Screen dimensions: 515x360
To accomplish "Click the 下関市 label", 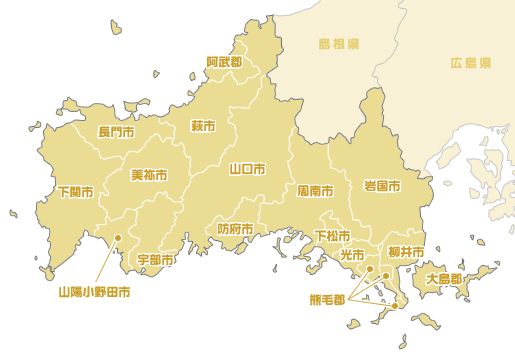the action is click(75, 191).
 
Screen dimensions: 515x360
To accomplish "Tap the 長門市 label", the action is click(116, 132).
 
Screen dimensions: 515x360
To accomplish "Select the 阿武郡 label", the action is click(224, 62).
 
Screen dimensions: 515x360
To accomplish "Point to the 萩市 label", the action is click(203, 126).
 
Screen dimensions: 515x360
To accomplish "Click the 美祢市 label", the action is click(149, 174).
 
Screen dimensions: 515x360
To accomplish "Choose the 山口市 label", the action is click(246, 168).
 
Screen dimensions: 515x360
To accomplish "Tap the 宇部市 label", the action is click(155, 260).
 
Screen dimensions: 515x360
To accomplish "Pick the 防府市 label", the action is click(235, 229).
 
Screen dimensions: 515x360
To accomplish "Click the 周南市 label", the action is click(315, 189).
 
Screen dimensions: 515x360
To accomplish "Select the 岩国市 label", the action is click(382, 186).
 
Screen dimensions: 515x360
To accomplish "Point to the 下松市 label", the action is click(332, 236).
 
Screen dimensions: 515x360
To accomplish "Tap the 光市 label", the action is click(352, 255).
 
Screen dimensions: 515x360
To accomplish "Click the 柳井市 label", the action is click(406, 251).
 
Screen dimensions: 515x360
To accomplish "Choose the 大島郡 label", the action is click(444, 279).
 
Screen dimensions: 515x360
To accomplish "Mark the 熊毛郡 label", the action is click(326, 299).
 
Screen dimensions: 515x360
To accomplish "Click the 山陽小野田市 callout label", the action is click(94, 293).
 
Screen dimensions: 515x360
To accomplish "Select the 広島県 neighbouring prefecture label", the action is click(470, 62).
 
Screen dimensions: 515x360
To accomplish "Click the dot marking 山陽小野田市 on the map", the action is click(118, 238).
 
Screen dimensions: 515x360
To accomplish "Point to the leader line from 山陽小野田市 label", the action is click(107, 262).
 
